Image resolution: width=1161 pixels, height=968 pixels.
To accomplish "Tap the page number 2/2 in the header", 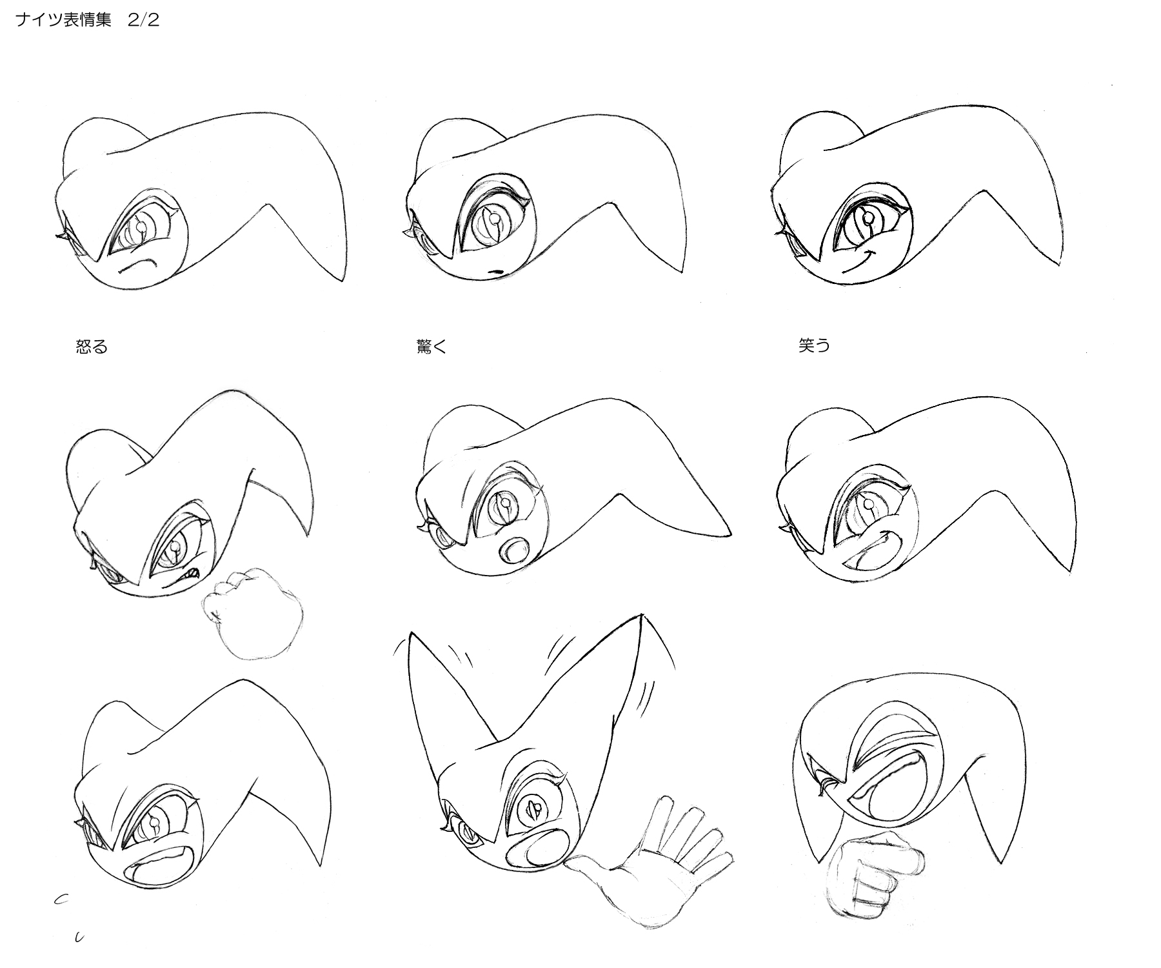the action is (144, 20).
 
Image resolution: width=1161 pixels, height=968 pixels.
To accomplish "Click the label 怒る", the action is (92, 347).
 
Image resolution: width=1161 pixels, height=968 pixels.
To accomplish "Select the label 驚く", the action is (432, 347).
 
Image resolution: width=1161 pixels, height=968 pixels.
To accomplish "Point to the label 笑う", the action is (814, 346).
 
